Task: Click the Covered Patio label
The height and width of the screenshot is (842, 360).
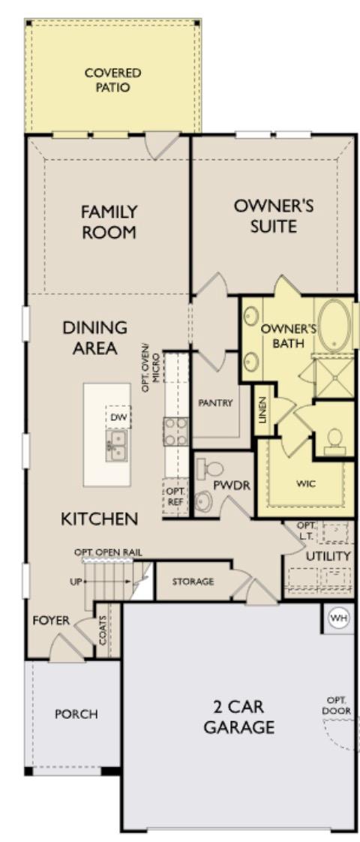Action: point(112,80)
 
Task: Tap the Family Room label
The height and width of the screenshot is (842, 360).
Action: point(109,222)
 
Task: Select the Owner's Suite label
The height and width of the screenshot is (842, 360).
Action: point(273,215)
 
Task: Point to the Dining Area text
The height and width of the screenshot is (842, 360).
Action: point(94,338)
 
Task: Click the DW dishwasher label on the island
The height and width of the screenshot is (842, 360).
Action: point(117,416)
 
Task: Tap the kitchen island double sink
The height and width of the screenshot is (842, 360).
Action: point(116,444)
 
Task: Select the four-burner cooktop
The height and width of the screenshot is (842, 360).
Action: point(176,432)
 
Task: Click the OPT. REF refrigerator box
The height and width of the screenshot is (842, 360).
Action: point(175,496)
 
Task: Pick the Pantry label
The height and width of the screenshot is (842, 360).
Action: point(216,403)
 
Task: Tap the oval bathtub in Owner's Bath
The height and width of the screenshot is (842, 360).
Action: point(334,326)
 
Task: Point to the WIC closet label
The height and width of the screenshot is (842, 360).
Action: point(306,483)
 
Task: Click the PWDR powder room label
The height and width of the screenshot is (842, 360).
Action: point(231,485)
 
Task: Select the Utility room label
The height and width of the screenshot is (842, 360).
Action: point(328,556)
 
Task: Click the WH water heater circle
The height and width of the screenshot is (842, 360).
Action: point(339,618)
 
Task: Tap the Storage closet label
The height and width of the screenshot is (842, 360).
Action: point(193,582)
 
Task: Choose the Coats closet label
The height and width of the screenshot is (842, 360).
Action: point(103,631)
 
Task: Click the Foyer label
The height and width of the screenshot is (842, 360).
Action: point(51,621)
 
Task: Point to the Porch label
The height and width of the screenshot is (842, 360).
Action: point(76,714)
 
